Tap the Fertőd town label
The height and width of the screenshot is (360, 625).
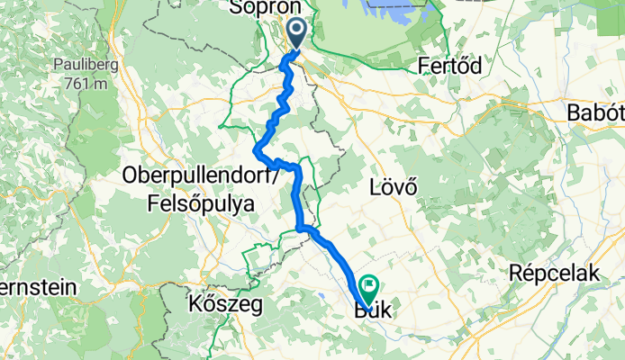451,66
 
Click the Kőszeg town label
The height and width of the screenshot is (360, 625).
226,305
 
